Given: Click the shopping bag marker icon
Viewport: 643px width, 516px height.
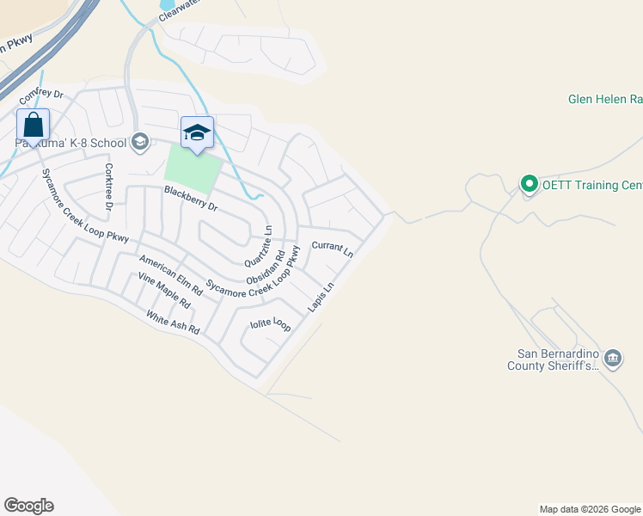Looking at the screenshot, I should pyautogui.click(x=33, y=125).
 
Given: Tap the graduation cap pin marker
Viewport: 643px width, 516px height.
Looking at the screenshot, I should pyautogui.click(x=197, y=132).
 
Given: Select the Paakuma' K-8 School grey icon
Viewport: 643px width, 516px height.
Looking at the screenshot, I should pyautogui.click(x=140, y=142).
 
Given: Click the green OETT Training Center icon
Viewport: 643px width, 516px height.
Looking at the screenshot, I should pyautogui.click(x=530, y=184).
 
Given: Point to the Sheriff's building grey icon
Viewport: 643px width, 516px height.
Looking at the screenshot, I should pyautogui.click(x=612, y=358).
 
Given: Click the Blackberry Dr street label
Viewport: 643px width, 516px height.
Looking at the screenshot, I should pyautogui.click(x=191, y=199).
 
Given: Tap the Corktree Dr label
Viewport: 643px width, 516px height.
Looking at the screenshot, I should pyautogui.click(x=109, y=187).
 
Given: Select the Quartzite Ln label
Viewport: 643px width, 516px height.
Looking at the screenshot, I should pyautogui.click(x=259, y=246).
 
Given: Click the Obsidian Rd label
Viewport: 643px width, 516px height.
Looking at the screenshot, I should pyautogui.click(x=266, y=268).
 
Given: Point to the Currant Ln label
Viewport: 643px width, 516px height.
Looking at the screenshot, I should pyautogui.click(x=332, y=249).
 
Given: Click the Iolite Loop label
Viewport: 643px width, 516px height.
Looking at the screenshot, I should pyautogui.click(x=270, y=324).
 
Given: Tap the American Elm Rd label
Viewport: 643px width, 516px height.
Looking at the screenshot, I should pyautogui.click(x=170, y=276).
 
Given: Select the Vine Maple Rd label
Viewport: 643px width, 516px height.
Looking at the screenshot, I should pyautogui.click(x=164, y=292).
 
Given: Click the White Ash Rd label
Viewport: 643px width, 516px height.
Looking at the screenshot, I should pyautogui.click(x=172, y=322).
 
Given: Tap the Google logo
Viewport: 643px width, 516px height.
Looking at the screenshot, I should pyautogui.click(x=28, y=506).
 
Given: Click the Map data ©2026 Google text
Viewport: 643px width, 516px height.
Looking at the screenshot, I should pyautogui.click(x=589, y=509).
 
